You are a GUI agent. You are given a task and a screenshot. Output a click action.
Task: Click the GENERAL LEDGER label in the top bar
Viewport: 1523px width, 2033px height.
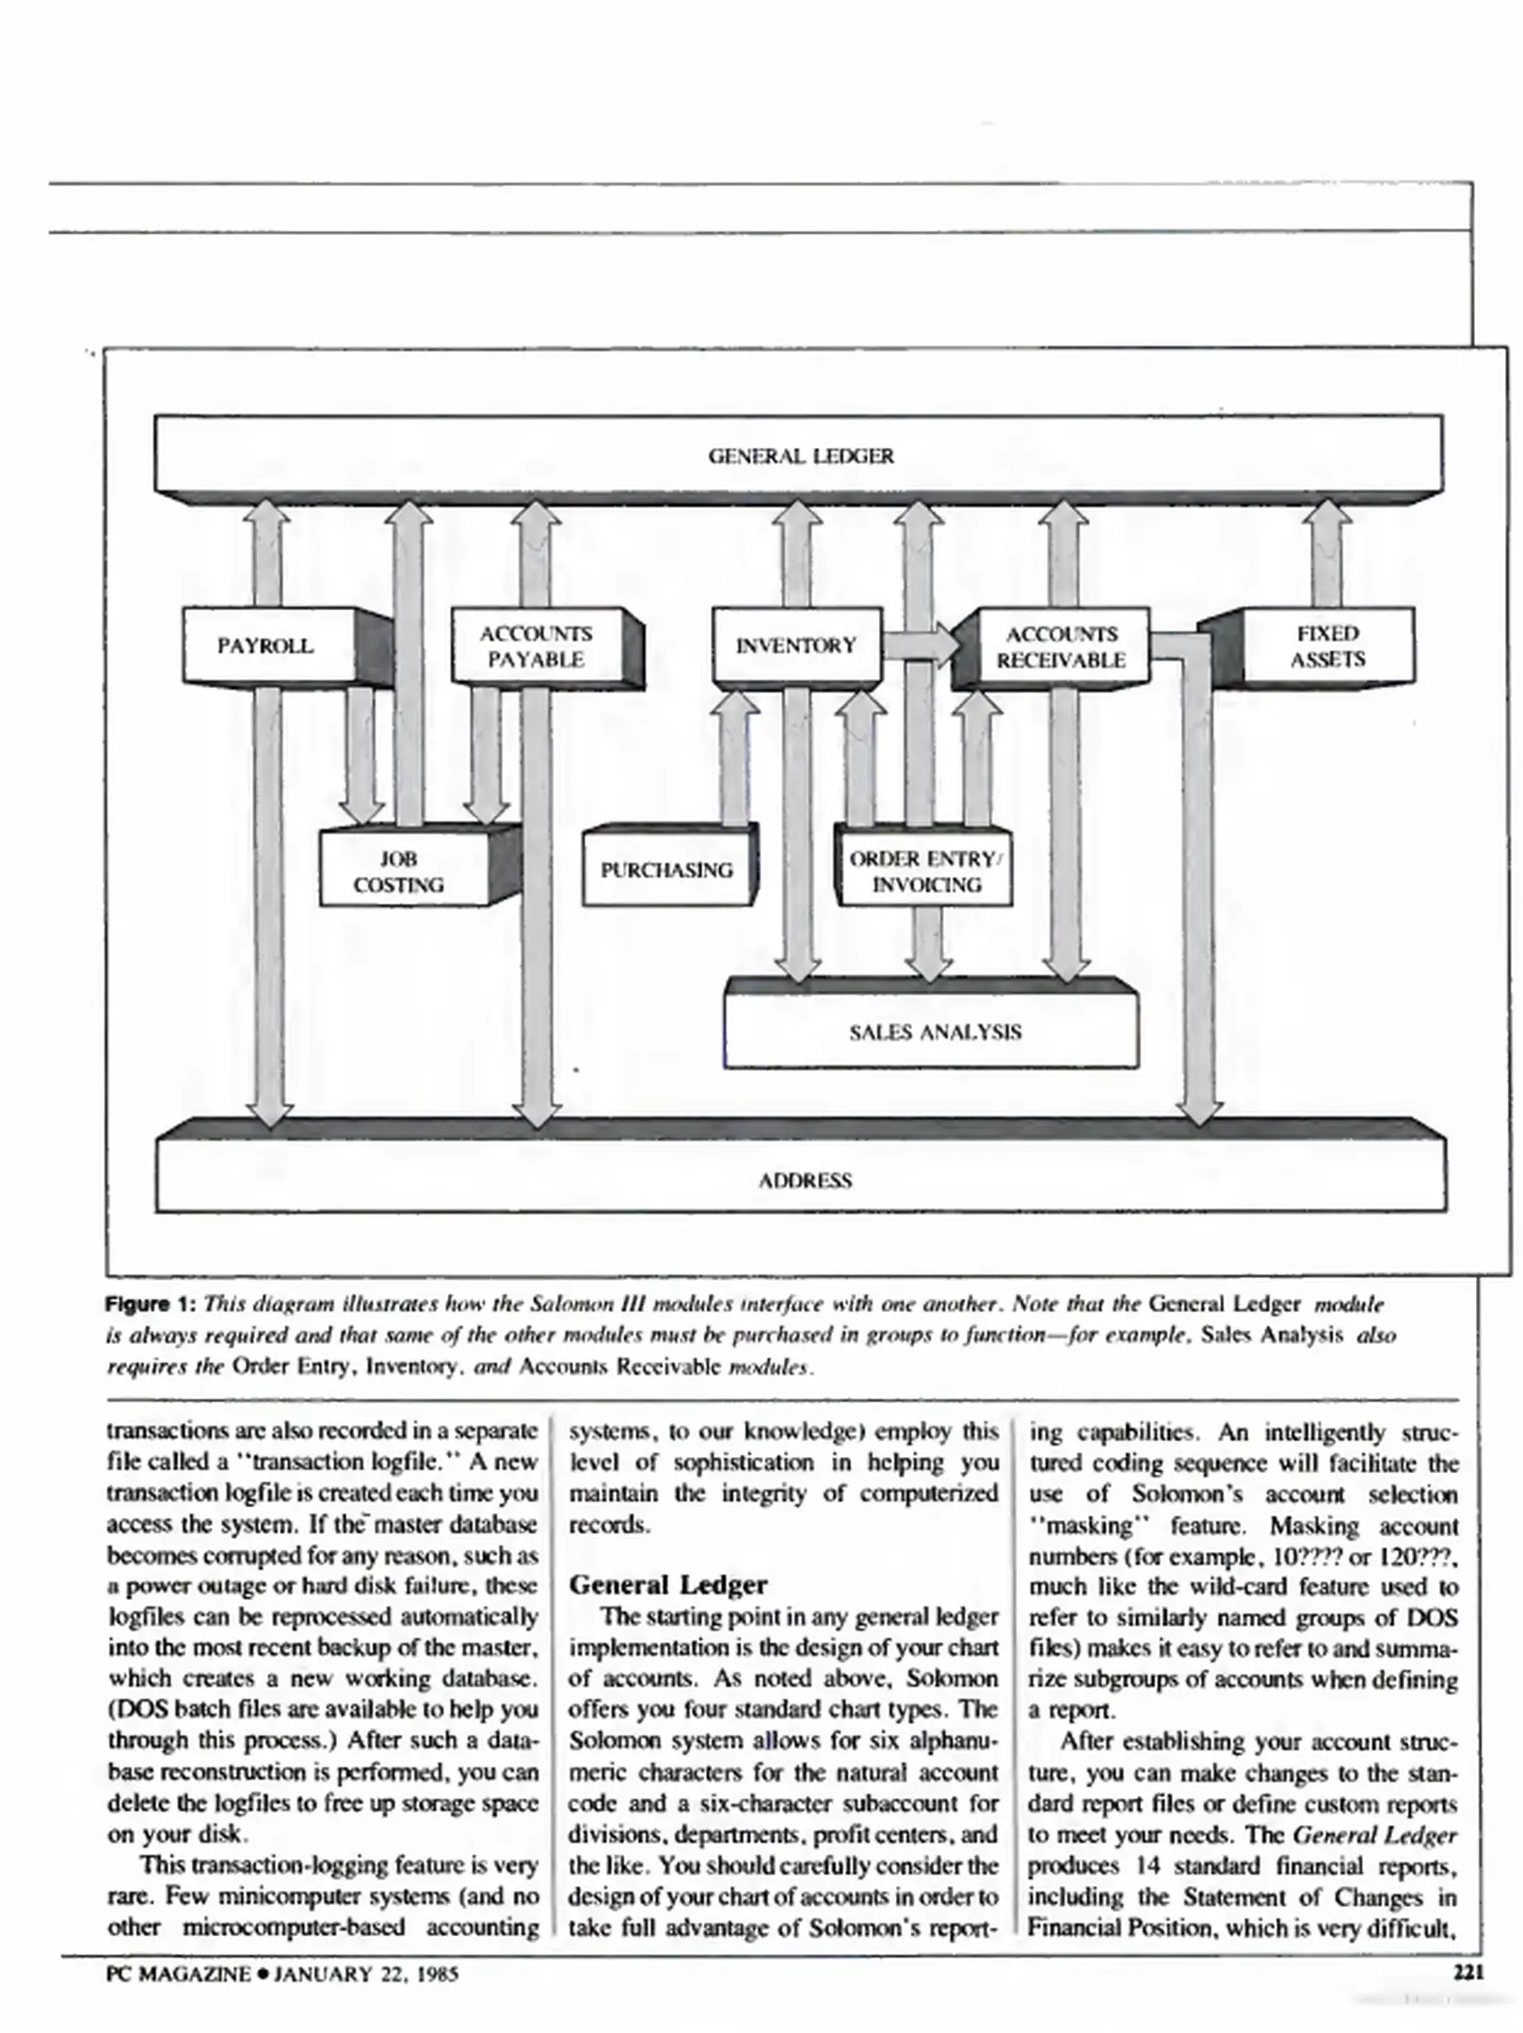tap(800, 456)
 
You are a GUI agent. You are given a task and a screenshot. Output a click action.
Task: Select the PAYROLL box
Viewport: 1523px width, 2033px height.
tap(266, 646)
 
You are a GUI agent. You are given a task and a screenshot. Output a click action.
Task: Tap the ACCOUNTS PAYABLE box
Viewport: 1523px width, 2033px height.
tap(536, 646)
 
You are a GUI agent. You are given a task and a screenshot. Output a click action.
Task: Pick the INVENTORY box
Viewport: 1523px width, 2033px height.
tap(796, 646)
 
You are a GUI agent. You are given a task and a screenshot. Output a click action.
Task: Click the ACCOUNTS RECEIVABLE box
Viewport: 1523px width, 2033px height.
tap(1061, 647)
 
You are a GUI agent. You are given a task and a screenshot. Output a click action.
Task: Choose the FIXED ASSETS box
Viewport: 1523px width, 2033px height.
tap(1327, 646)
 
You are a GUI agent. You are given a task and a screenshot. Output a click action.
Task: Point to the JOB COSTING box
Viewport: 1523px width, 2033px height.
tap(399, 872)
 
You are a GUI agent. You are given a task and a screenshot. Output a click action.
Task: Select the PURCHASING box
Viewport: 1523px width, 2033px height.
tap(666, 870)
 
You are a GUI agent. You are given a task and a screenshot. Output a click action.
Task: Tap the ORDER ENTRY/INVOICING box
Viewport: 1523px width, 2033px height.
tap(926, 872)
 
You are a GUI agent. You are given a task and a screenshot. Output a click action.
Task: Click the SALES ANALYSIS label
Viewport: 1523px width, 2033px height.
tap(935, 1033)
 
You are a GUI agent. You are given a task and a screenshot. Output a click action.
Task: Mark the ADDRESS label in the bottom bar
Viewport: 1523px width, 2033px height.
tap(805, 1181)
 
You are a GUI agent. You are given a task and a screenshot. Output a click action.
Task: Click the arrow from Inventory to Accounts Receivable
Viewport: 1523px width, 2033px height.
tap(921, 645)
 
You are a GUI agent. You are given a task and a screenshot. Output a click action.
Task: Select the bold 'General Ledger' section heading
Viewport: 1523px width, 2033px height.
tap(668, 1585)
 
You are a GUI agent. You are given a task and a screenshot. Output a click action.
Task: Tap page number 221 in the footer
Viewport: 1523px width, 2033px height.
tap(1468, 1973)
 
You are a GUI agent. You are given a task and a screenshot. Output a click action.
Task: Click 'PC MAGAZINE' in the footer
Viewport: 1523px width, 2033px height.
tap(179, 1974)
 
